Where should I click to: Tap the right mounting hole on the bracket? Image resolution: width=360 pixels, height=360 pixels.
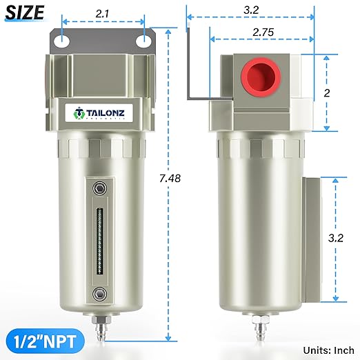click(x=144, y=42)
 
